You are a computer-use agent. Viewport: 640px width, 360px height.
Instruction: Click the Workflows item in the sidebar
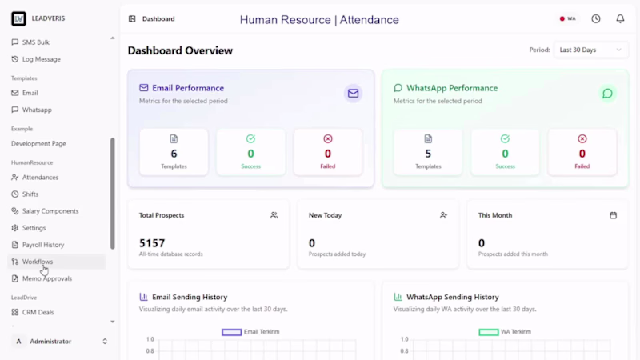point(38,262)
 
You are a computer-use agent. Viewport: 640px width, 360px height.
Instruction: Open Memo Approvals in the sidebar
point(47,278)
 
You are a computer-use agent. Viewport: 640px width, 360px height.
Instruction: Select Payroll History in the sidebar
point(43,245)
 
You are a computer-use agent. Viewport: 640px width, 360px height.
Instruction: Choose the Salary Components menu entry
point(50,211)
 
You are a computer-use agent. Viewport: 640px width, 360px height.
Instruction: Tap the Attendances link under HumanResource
point(40,177)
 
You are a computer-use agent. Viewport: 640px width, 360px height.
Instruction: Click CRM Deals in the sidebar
point(38,312)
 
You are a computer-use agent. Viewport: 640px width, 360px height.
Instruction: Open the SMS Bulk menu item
point(35,42)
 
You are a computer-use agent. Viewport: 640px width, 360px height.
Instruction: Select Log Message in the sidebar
point(42,59)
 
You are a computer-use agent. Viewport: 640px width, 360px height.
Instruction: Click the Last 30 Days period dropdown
point(590,50)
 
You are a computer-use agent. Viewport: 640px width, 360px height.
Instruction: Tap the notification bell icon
point(620,18)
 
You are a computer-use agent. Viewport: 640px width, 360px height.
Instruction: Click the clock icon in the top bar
point(596,18)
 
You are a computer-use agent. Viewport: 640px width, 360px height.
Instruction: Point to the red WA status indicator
point(562,18)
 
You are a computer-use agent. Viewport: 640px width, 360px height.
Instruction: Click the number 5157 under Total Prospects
point(152,243)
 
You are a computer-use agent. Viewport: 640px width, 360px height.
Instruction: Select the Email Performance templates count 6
point(174,154)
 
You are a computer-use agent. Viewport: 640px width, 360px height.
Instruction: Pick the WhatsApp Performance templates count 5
point(428,154)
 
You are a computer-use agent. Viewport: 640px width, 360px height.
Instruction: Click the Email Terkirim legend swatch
point(231,332)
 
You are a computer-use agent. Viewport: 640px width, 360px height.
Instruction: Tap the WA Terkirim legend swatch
point(489,332)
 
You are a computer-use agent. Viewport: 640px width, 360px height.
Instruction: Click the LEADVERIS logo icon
point(18,18)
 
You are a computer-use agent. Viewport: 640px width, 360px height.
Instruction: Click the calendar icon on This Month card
point(613,215)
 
